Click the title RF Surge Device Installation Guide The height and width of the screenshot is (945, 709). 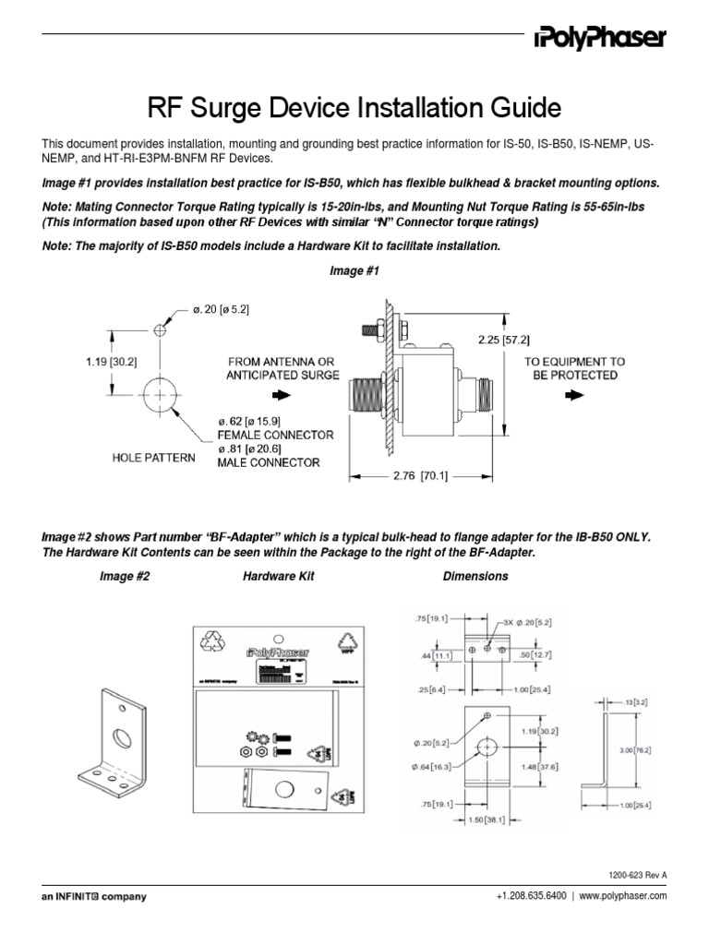point(354,109)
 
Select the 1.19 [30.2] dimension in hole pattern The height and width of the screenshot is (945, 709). point(113,362)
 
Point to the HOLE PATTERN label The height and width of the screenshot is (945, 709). point(153,457)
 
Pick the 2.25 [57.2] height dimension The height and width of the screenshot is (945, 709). point(504,340)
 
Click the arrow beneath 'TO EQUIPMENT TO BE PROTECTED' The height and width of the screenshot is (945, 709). point(574,393)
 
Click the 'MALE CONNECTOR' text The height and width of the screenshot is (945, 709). point(269,462)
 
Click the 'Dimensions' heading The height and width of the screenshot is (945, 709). point(475,576)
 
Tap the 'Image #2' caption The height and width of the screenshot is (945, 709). point(124,576)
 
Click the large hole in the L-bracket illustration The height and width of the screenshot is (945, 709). point(122,736)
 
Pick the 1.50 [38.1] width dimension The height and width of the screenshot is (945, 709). point(476,819)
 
